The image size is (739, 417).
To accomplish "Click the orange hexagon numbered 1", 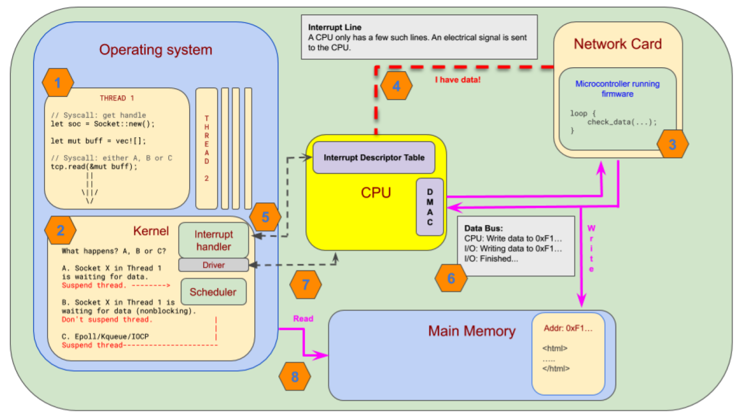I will click(58, 83).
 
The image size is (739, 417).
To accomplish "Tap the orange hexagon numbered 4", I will click(396, 86).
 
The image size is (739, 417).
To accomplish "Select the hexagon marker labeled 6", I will click(450, 278).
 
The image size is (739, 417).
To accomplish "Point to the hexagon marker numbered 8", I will click(295, 377).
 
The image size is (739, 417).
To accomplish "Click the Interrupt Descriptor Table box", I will click(374, 158).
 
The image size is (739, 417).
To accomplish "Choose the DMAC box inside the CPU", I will click(430, 207).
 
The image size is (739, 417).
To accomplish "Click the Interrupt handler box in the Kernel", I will click(213, 241).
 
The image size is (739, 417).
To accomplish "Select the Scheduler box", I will click(213, 292).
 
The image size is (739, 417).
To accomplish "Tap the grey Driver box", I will click(213, 265).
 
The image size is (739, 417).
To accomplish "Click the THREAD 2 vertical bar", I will click(206, 148).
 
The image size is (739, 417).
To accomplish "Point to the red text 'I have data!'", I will click(457, 80).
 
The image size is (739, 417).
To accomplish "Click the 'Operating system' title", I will click(155, 50).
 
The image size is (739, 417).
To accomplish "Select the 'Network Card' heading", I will click(618, 44).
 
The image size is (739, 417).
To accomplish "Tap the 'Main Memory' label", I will click(471, 331).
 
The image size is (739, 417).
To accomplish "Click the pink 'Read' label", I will click(303, 319).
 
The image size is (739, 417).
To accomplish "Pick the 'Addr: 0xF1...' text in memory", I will click(568, 328).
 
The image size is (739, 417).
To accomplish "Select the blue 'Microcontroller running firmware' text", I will click(617, 89).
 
